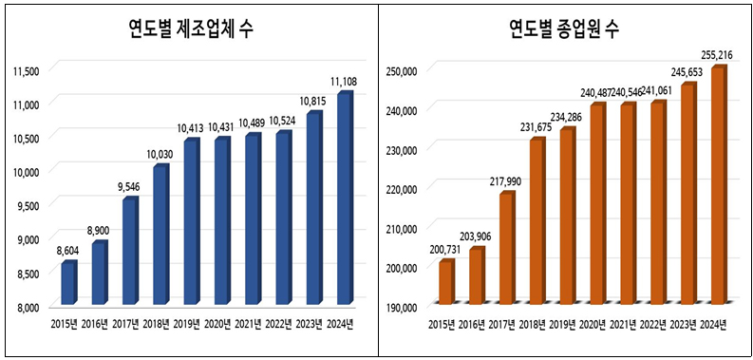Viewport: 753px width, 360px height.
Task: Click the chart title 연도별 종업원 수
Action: [563, 29]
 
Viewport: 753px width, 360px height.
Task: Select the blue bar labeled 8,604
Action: [68, 282]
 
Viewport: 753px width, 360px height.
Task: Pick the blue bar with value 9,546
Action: [129, 251]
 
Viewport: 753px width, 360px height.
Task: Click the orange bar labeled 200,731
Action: [445, 281]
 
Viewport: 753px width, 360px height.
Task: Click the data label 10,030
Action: [160, 154]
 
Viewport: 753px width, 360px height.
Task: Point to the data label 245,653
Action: [688, 71]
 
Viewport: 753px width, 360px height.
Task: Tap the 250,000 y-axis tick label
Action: [404, 69]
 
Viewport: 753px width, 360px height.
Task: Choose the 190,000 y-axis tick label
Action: [404, 307]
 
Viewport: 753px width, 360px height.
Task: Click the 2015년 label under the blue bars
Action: [67, 324]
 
